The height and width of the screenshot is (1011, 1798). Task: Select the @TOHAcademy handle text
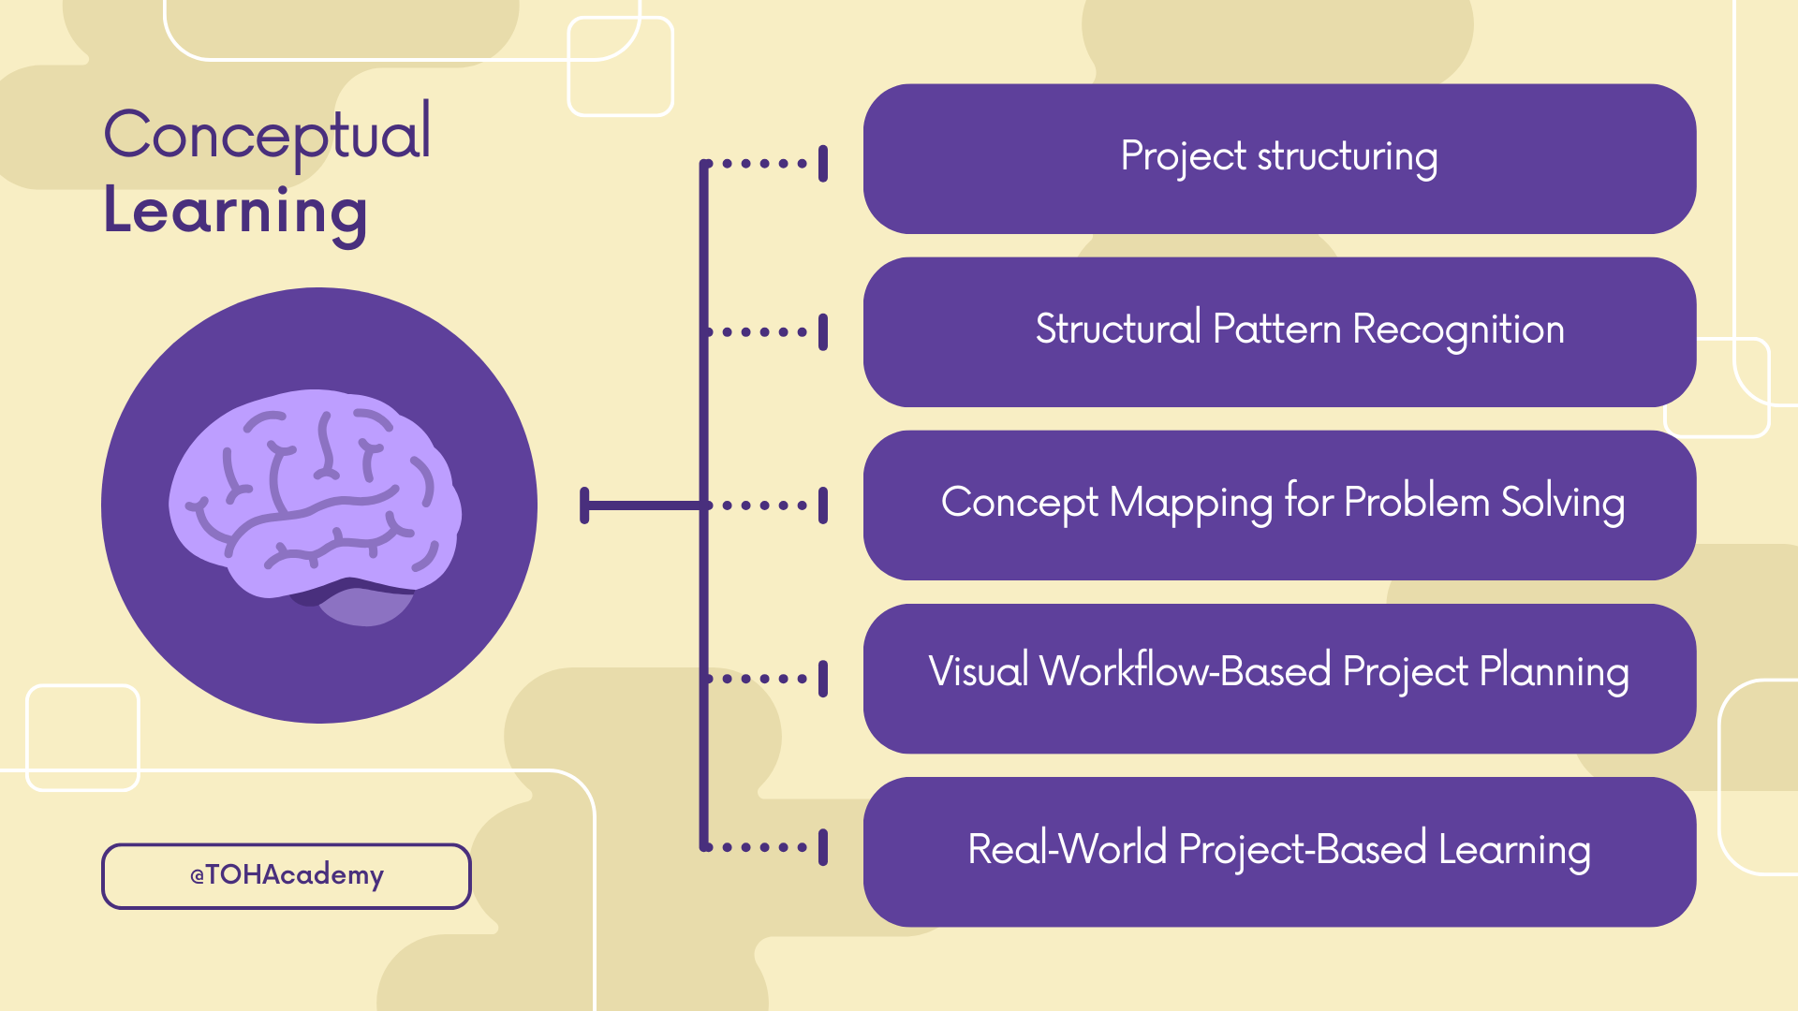point(287,875)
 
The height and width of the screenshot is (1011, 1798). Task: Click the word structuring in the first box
point(1347,157)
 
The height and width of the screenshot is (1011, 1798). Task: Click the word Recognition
point(1458,330)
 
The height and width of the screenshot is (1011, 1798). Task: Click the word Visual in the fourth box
point(978,671)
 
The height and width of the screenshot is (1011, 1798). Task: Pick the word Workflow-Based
point(1185,671)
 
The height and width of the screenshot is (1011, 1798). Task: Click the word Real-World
point(1067,849)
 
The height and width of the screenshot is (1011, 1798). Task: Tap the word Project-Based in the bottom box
point(1302,850)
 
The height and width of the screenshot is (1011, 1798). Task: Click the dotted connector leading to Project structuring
point(764,163)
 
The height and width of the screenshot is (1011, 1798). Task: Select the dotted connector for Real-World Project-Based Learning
point(764,847)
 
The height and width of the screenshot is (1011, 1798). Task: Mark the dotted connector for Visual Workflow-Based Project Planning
point(764,679)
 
